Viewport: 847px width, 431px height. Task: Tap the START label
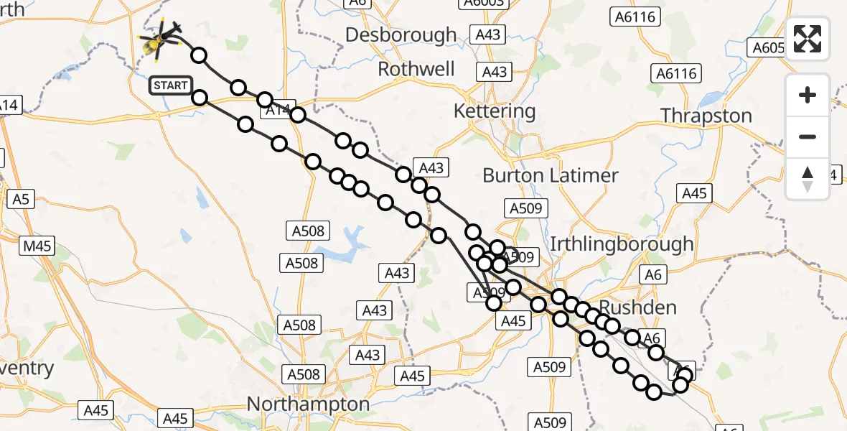pos(170,85)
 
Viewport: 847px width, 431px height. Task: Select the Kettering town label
pos(495,111)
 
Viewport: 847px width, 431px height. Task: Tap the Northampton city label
pos(308,404)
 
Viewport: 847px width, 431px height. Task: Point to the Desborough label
pos(401,34)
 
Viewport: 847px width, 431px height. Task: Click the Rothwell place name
pos(416,70)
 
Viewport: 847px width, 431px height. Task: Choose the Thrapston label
pos(706,116)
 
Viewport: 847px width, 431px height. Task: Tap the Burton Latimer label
pos(550,175)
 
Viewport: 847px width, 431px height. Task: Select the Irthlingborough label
pos(622,244)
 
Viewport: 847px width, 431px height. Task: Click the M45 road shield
pos(37,246)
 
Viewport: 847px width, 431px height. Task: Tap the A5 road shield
pos(20,199)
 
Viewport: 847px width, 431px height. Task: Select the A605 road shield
pos(765,47)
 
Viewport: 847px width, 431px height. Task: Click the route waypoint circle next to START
pos(200,98)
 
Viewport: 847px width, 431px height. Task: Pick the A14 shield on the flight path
pos(276,110)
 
